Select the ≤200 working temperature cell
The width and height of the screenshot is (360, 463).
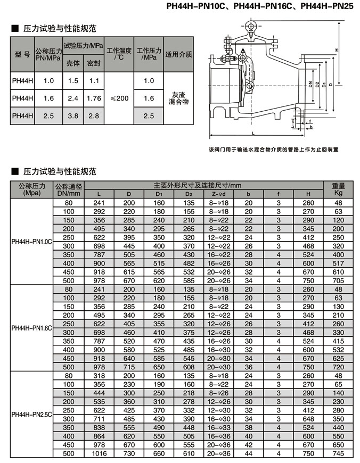120,98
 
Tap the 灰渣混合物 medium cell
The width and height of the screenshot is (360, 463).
178,98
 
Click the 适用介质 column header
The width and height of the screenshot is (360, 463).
178,54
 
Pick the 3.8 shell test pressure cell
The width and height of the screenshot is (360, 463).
73,115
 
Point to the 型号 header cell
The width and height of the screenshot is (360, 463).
22,54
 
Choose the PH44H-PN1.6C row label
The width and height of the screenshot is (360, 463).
32,328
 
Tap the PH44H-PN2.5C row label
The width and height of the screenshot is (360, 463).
32,415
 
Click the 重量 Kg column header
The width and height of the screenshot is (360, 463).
338,189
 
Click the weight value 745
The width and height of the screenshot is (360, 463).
338,454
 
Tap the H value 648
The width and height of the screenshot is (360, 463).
308,419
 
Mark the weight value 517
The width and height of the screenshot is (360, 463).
338,263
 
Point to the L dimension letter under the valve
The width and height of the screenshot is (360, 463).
253,131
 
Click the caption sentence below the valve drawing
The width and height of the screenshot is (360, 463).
274,150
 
